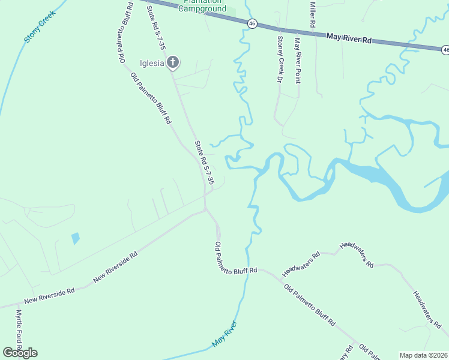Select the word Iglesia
click(152, 64)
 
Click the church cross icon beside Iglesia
click(173, 62)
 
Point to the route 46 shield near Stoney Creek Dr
click(252, 23)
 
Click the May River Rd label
click(349, 38)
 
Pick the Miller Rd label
click(312, 13)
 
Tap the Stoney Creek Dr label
click(280, 58)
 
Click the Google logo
click(20, 353)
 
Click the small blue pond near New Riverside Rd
click(75, 238)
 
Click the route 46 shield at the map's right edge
click(445, 50)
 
